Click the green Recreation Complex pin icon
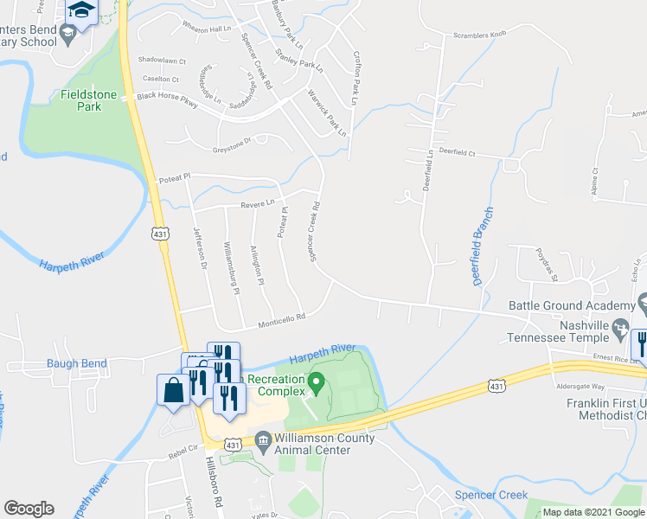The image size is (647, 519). click(317, 381)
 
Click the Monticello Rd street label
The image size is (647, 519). click(282, 322)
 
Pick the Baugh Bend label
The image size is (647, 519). click(77, 364)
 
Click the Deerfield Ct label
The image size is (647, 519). click(458, 151)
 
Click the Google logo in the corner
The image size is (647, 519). click(29, 509)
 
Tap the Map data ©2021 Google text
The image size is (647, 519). click(593, 512)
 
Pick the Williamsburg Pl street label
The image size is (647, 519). click(231, 269)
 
